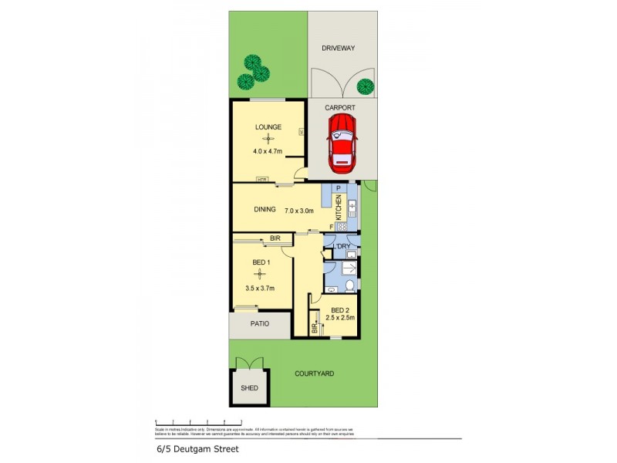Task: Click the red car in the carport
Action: pyautogui.click(x=342, y=144)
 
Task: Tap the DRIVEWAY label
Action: pyautogui.click(x=339, y=49)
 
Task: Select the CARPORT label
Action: pyautogui.click(x=339, y=108)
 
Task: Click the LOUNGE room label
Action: pyautogui.click(x=268, y=127)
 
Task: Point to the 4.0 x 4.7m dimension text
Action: pyautogui.click(x=268, y=151)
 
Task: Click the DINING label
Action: pyautogui.click(x=265, y=209)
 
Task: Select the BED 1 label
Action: pyautogui.click(x=262, y=262)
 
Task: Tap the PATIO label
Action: pyautogui.click(x=259, y=324)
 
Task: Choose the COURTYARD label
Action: pyautogui.click(x=315, y=373)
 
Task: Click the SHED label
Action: pyautogui.click(x=249, y=388)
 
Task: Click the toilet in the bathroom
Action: pyautogui.click(x=349, y=286)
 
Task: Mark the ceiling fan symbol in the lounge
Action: pyautogui.click(x=268, y=139)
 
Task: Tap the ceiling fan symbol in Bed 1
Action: pyautogui.click(x=261, y=275)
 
